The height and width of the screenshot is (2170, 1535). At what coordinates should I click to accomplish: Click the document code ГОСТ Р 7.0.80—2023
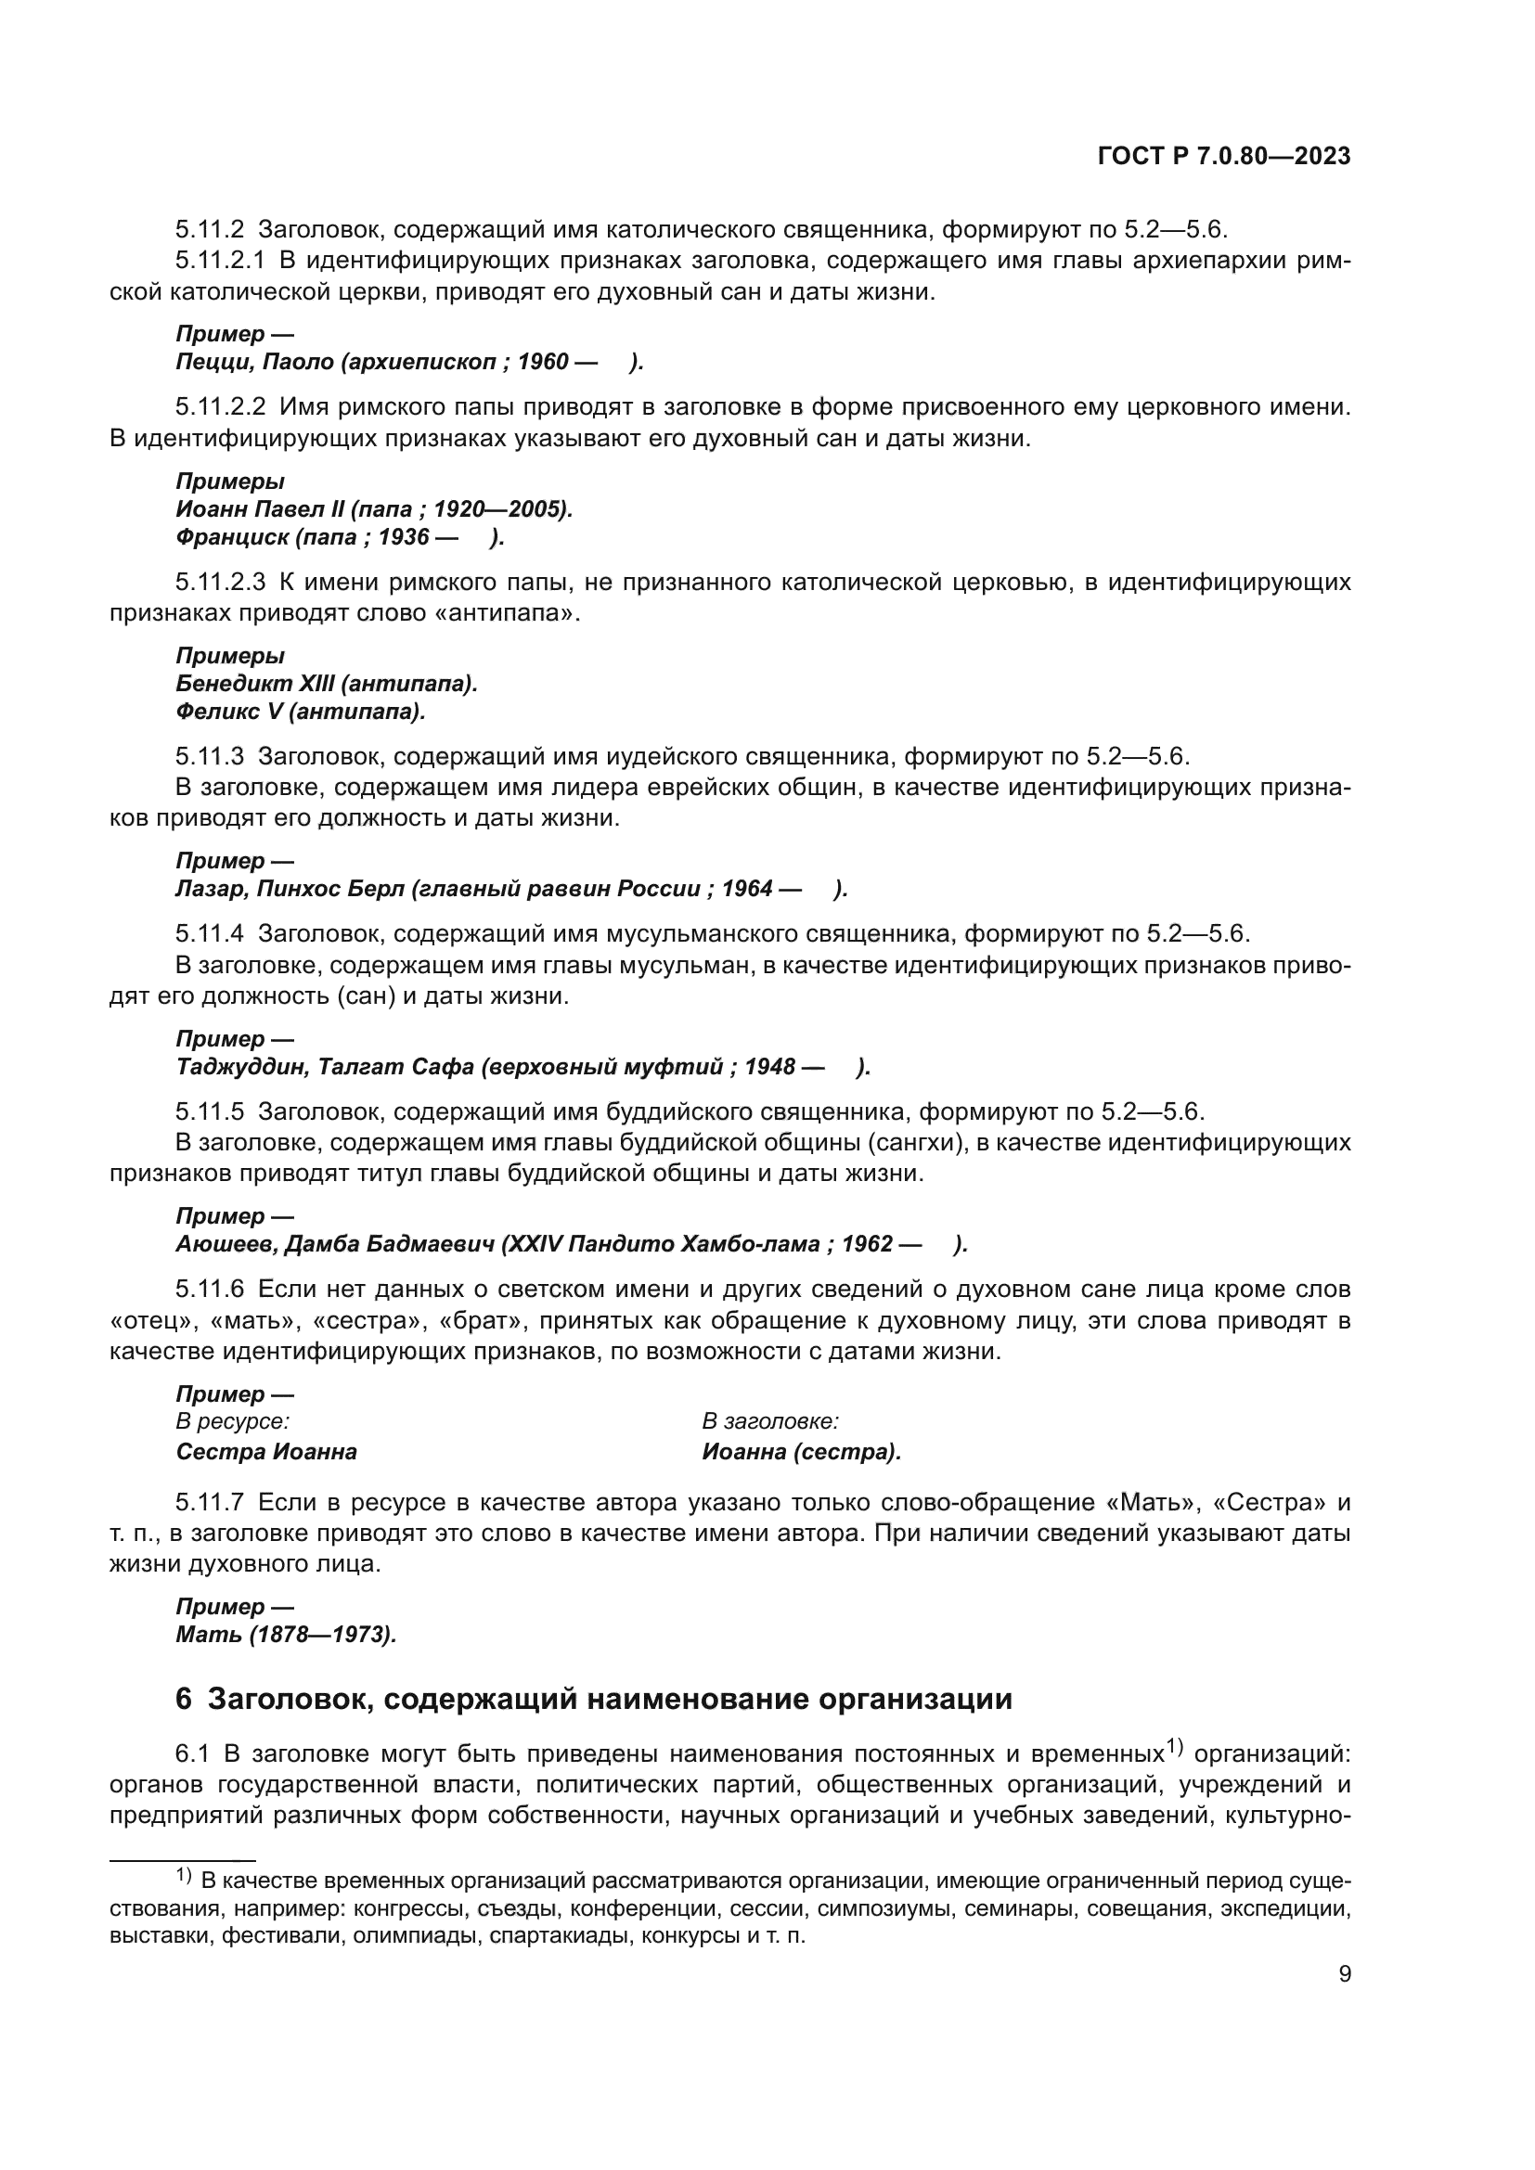tap(1223, 157)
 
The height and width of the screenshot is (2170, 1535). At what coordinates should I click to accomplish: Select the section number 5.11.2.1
tap(220, 261)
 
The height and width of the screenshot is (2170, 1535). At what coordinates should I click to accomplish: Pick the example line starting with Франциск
tap(340, 537)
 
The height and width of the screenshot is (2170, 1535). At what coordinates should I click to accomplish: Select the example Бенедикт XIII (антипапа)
tap(326, 684)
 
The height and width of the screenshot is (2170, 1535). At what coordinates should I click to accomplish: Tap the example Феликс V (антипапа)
tap(301, 712)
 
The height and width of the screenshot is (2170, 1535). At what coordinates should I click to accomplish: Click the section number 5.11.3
tap(209, 756)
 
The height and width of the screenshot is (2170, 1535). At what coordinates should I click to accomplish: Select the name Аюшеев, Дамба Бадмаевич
tap(335, 1244)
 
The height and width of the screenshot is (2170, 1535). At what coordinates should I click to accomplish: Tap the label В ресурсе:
tap(233, 1421)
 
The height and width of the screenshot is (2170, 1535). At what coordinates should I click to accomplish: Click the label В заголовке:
tap(770, 1421)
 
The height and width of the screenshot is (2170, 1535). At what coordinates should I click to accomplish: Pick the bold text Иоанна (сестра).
tap(801, 1452)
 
